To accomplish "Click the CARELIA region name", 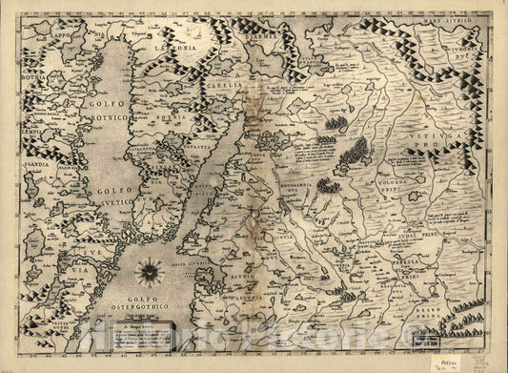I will point(220,85).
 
